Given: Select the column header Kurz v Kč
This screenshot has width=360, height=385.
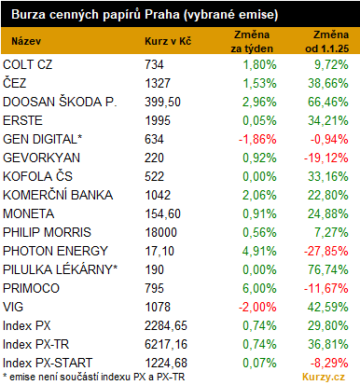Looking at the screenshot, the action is click(x=168, y=41).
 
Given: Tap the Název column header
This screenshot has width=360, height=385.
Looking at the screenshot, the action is click(x=26, y=41).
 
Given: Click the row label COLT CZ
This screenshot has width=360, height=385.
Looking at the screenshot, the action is click(x=28, y=64).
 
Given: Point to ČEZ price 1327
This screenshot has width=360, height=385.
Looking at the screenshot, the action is click(x=158, y=83).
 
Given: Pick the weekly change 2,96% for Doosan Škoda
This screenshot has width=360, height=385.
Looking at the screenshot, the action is click(x=259, y=102).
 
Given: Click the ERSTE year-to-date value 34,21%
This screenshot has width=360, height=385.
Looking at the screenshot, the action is click(x=328, y=120).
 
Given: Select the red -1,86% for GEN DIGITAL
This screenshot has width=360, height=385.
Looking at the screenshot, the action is click(x=257, y=139).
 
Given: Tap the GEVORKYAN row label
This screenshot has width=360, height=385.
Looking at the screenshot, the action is click(x=41, y=158).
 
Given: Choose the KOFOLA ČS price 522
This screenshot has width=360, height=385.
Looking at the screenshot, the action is click(x=154, y=176).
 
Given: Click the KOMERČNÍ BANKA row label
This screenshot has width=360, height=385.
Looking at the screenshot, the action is click(x=58, y=195).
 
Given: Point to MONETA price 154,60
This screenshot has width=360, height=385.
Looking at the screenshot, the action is click(x=162, y=213).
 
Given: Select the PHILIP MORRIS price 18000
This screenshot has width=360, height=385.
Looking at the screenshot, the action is click(x=161, y=232).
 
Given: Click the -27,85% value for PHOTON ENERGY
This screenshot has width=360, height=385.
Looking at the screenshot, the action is click(x=326, y=251).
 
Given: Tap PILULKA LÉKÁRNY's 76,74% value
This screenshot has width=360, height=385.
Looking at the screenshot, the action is click(x=328, y=269).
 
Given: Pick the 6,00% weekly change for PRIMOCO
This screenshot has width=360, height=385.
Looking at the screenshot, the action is click(x=259, y=288).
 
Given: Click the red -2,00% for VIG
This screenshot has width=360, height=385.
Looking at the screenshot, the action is click(x=257, y=307).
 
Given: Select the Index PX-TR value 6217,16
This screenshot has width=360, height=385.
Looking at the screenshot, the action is click(x=166, y=344).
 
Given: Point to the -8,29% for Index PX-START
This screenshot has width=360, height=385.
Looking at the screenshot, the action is click(x=329, y=363).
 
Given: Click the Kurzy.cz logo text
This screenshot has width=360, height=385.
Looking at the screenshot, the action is click(x=324, y=377).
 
